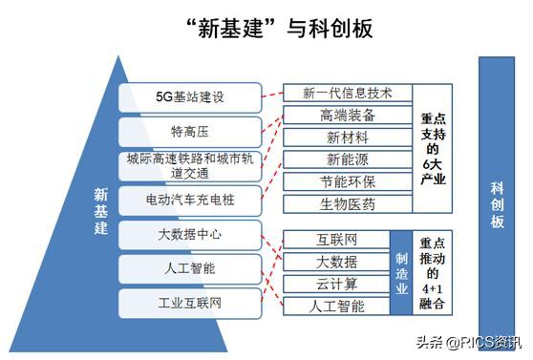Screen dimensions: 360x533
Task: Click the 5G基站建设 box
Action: (x=189, y=97)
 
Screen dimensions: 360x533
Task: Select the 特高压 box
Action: (x=189, y=131)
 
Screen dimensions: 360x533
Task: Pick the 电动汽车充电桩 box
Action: (x=189, y=201)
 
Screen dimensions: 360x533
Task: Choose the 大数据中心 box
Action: (x=189, y=233)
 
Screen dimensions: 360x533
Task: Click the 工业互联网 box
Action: (x=189, y=304)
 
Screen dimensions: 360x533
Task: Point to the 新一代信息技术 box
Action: (x=349, y=94)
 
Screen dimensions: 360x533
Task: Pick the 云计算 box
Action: (x=336, y=284)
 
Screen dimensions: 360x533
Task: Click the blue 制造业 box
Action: (x=401, y=272)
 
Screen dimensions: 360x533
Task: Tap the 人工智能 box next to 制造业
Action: (x=336, y=307)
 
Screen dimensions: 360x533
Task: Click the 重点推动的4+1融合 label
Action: (x=431, y=272)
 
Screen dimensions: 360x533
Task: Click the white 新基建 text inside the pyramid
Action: (x=100, y=212)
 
